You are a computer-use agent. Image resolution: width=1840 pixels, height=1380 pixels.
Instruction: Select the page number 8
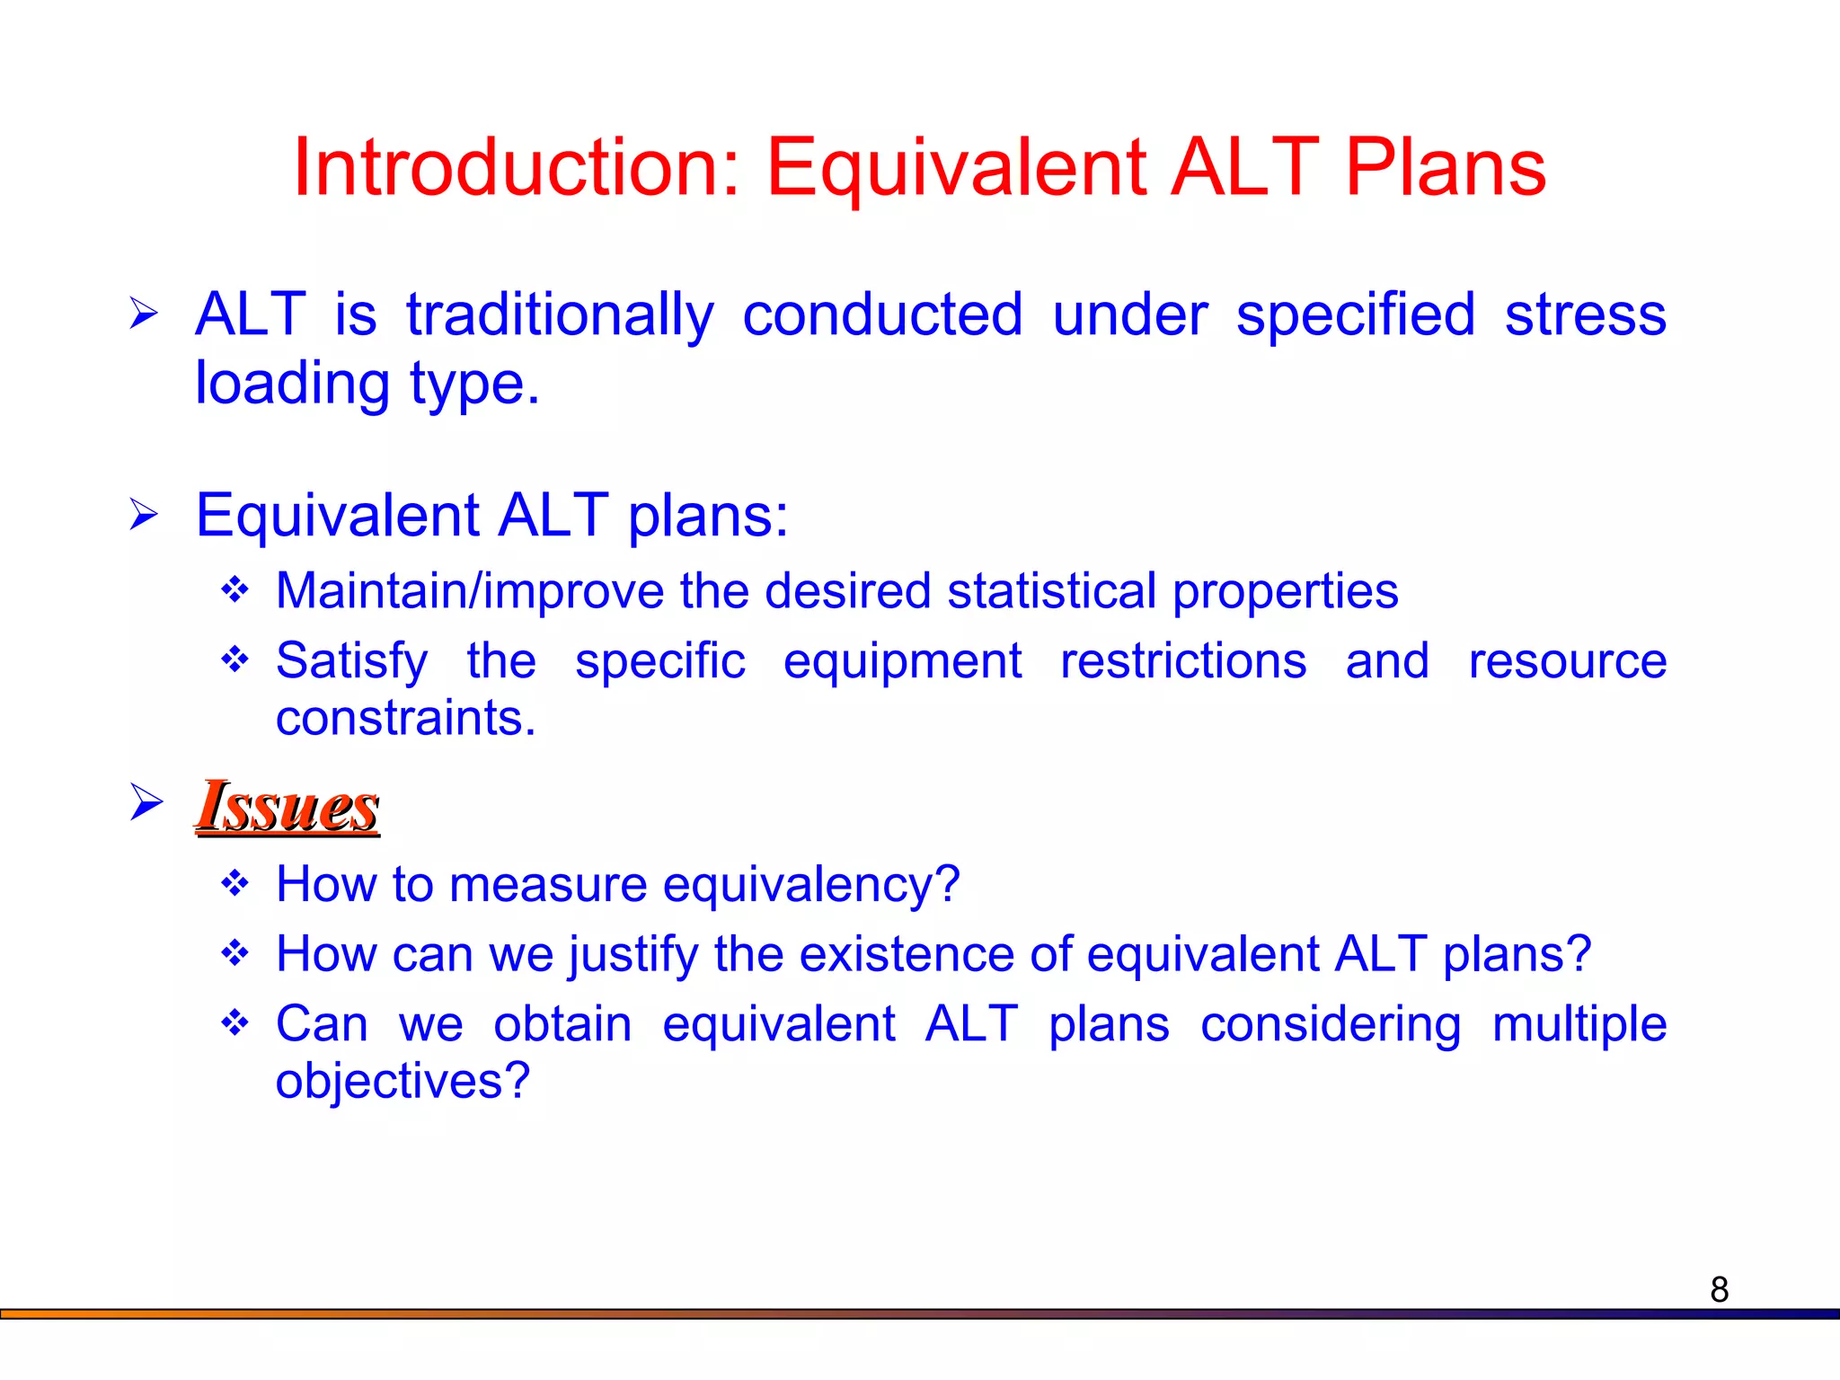(1719, 1289)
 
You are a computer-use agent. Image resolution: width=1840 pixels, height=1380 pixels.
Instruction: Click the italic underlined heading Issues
(287, 806)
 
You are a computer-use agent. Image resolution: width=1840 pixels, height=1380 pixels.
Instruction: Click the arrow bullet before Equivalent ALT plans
(144, 515)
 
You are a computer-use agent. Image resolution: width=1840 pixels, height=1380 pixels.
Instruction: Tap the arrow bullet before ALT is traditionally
(144, 314)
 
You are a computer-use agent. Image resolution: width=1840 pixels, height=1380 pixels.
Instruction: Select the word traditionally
(560, 315)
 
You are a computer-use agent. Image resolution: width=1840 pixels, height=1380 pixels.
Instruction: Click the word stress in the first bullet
(1585, 315)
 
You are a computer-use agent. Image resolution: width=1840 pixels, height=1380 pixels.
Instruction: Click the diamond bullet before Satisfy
(235, 659)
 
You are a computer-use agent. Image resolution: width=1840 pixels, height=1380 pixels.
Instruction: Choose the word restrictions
(1182, 661)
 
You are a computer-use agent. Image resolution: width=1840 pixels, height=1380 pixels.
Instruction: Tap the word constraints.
(405, 718)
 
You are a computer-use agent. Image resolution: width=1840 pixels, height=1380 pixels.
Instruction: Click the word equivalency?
(811, 885)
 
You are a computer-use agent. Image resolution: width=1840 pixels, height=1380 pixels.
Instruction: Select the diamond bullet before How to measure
(235, 883)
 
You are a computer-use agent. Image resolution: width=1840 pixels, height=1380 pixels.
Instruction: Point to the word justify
(633, 954)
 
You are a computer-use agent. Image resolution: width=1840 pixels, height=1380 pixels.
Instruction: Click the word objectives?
(402, 1081)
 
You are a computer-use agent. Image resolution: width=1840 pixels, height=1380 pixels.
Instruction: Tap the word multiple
(1579, 1024)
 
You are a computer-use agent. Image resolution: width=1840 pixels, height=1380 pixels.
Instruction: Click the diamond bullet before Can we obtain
(235, 1022)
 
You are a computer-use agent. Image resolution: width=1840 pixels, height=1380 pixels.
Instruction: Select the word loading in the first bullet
(292, 384)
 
